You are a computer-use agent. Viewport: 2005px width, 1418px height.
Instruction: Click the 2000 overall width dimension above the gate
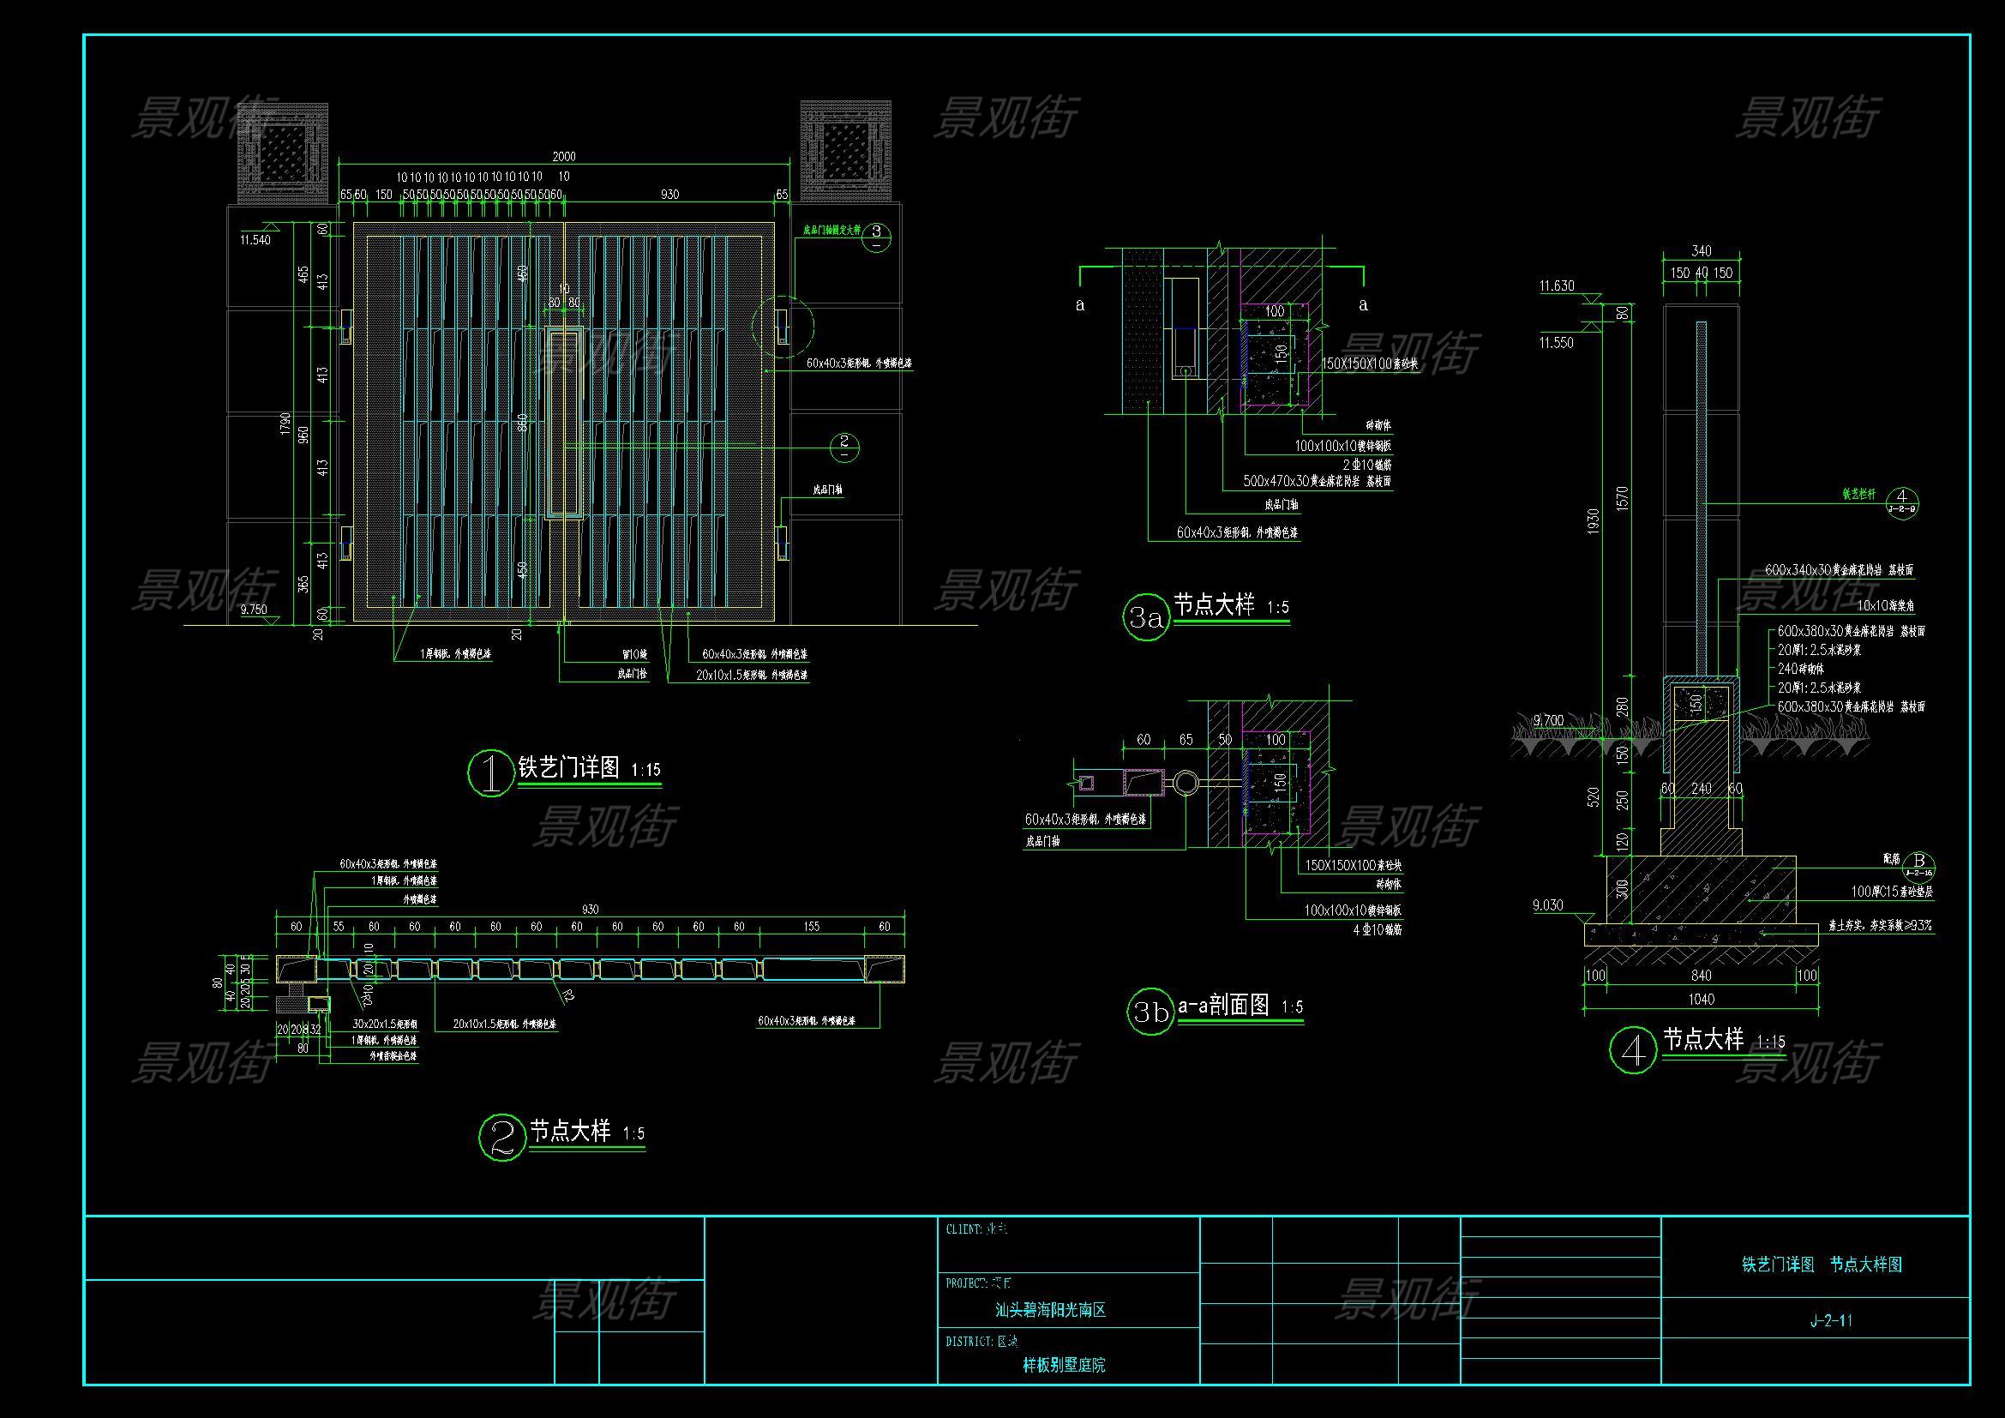click(x=564, y=156)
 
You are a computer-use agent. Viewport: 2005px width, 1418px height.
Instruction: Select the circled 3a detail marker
click(x=1145, y=618)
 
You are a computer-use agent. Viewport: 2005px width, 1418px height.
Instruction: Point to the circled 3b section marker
click(x=1150, y=1012)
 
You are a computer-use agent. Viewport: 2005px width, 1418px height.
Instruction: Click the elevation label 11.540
click(x=255, y=240)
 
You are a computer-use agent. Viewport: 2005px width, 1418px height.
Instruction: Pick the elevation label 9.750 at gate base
click(x=253, y=610)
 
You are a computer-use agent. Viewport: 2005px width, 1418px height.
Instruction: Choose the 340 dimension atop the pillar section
click(x=1701, y=251)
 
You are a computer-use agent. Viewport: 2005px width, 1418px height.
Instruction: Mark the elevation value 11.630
click(x=1556, y=286)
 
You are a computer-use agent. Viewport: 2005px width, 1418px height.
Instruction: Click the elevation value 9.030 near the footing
click(x=1549, y=906)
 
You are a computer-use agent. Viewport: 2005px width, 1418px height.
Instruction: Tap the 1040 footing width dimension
click(x=1701, y=999)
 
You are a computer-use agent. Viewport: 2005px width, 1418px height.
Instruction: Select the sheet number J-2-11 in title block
click(x=1830, y=1320)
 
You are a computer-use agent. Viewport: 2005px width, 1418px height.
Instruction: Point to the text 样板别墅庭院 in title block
click(x=1064, y=1365)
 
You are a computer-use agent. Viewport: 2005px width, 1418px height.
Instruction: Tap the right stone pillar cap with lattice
click(x=844, y=150)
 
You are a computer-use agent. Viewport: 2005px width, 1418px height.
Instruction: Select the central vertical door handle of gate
click(x=564, y=424)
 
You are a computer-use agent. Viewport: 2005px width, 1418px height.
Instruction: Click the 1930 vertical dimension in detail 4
click(x=1594, y=521)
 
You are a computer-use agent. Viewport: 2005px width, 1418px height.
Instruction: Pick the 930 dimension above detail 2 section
click(x=591, y=909)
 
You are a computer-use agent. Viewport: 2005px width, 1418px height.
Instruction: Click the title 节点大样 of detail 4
click(x=1703, y=1039)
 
